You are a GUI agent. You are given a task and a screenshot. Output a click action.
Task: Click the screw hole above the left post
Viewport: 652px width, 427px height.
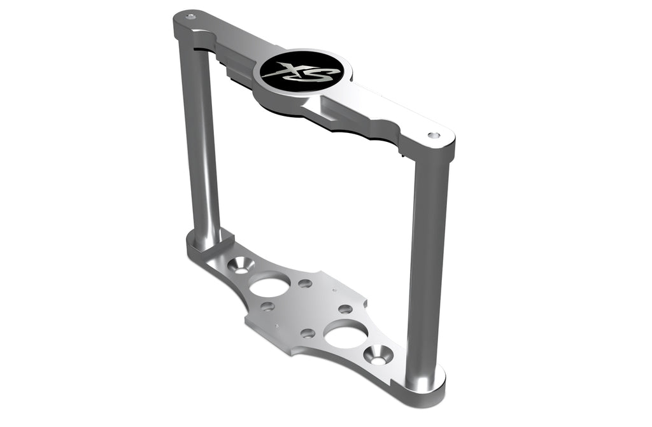pyautogui.click(x=190, y=19)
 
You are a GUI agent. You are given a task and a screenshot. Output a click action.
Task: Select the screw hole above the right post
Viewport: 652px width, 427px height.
pyautogui.click(x=434, y=136)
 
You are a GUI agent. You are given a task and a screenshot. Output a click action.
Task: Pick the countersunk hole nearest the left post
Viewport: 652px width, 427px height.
pyautogui.click(x=241, y=265)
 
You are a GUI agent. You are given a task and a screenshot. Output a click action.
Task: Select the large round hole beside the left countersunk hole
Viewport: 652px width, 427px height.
pyautogui.click(x=269, y=284)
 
